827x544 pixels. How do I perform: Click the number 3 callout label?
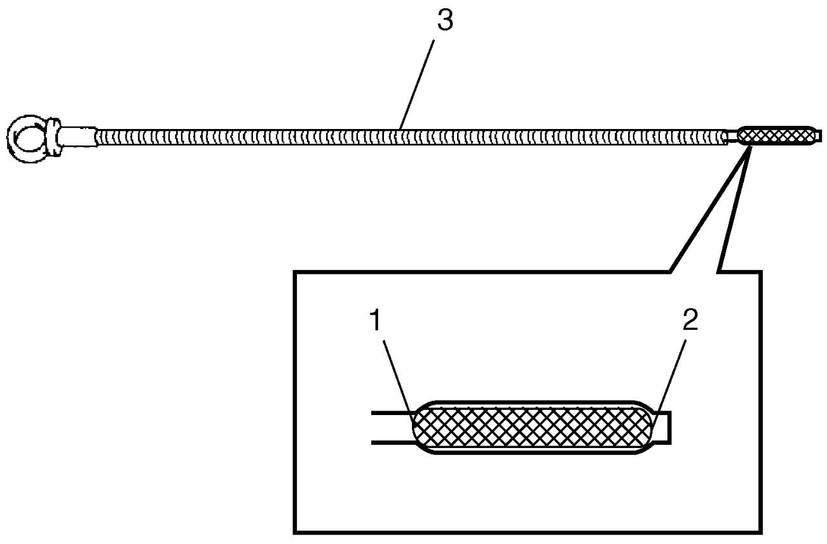coord(445,20)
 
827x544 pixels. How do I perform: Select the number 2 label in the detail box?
coord(690,320)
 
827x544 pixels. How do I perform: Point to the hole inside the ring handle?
coord(28,138)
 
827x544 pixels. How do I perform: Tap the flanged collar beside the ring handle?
coord(53,137)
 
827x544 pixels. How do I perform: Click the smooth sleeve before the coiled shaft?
coord(77,137)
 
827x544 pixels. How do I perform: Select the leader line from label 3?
coord(417,85)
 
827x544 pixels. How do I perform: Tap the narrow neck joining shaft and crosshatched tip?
coord(732,137)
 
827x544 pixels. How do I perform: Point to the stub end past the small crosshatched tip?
coord(819,135)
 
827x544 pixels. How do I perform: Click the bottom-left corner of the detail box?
coord(295,533)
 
